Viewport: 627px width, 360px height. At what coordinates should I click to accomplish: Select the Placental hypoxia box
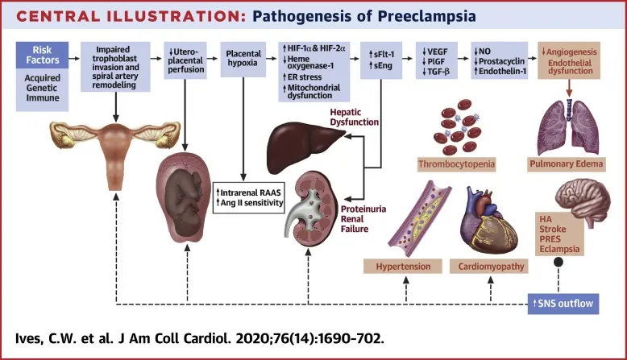(243, 60)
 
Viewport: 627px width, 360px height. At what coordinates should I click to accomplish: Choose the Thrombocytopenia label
(455, 167)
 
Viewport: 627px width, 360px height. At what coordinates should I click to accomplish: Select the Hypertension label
(403, 266)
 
